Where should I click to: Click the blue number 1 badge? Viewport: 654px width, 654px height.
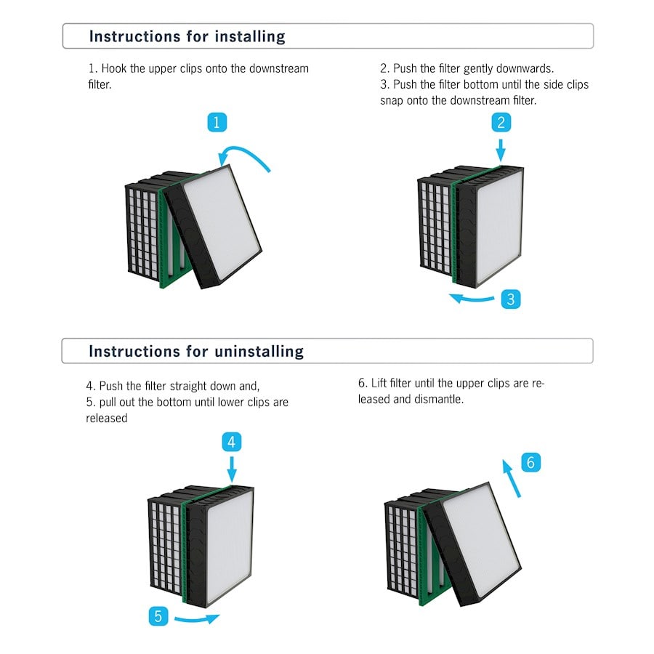coord(217,122)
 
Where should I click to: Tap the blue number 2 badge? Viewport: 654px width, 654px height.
coord(500,122)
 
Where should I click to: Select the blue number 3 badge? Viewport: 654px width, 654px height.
coord(511,299)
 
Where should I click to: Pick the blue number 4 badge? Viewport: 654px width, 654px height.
coord(231,441)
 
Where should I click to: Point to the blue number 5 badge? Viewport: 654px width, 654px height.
coord(159,616)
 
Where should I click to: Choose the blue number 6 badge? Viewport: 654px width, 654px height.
coord(530,462)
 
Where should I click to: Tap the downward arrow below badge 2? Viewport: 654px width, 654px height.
coord(500,150)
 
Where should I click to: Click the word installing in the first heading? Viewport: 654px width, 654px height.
coord(247,36)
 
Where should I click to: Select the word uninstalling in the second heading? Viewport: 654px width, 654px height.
coord(259,352)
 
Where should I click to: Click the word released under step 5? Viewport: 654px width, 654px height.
coord(106,418)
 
